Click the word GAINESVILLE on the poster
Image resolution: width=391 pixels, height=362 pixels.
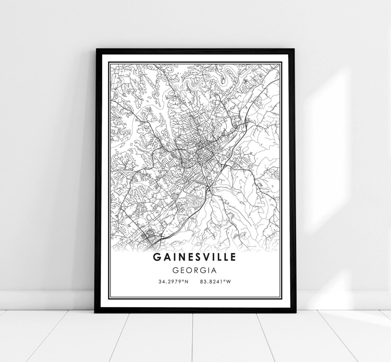tap(195, 257)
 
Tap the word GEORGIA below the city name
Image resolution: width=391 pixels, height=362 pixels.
tap(195, 270)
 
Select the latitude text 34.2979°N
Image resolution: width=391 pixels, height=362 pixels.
tap(173, 281)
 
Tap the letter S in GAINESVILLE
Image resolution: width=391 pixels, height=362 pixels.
tap(198, 257)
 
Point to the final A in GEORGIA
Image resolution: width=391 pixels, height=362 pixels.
tap(214, 270)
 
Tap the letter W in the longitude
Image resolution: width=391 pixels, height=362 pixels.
tap(228, 281)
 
